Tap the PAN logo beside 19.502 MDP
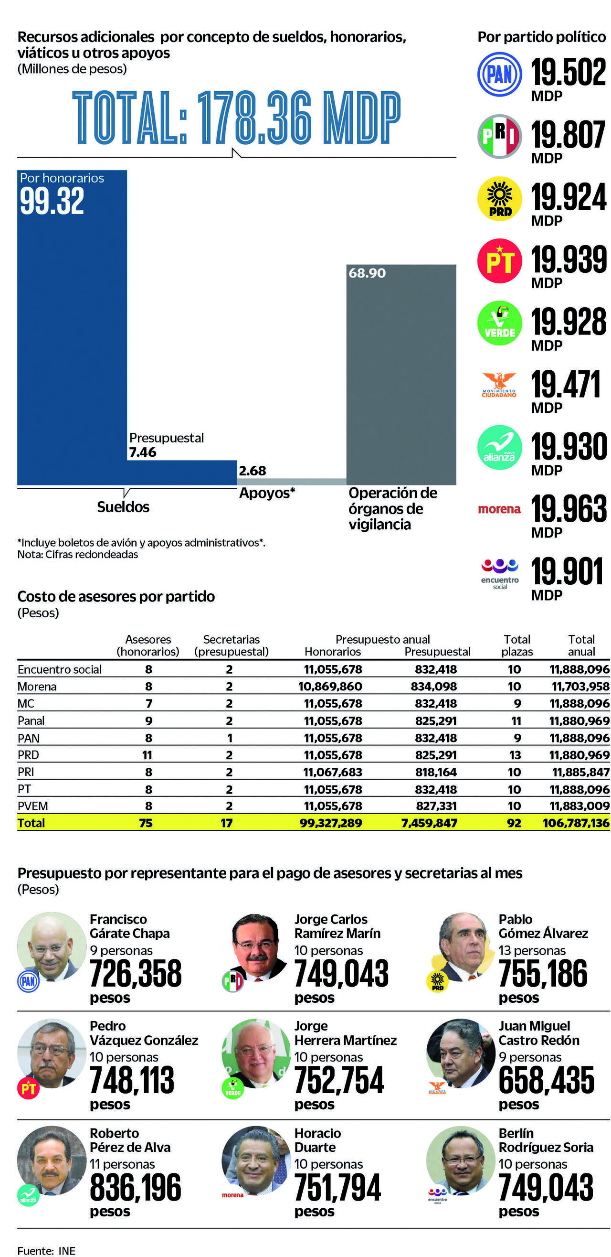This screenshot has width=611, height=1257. point(499,74)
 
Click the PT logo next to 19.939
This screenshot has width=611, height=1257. point(499,261)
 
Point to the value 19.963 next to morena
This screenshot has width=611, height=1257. point(569,508)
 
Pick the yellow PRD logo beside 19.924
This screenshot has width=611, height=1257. point(499,199)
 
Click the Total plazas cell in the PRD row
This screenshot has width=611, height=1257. point(515,755)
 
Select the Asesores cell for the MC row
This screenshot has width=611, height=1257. point(149,704)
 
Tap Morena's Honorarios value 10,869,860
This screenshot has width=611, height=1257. point(330,687)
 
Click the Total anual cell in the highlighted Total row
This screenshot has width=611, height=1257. point(576,823)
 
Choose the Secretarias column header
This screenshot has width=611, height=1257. point(231,645)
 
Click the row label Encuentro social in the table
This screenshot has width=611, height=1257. point(60,669)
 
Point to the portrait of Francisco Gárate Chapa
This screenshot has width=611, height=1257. point(52,946)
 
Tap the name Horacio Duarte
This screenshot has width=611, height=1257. point(317,1140)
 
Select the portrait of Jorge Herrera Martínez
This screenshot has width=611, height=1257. point(256,1053)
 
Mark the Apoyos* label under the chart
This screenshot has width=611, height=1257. point(267,493)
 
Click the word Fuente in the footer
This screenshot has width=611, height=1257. point(36,1251)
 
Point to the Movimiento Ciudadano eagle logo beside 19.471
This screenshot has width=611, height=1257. point(499,385)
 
